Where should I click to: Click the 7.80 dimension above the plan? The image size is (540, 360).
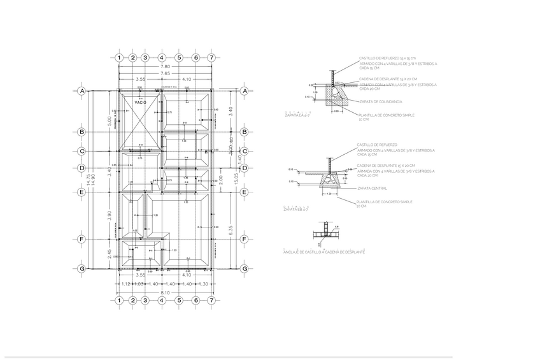[x=165, y=66]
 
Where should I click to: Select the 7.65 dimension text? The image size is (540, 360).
[x=165, y=73]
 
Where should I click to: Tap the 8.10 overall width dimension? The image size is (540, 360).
[x=166, y=292]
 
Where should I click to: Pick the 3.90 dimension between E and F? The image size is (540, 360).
[x=110, y=215]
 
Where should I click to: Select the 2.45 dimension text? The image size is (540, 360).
[x=110, y=254]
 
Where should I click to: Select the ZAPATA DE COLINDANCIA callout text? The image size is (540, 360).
[x=380, y=101]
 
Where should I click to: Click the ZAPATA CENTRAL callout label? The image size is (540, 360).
[x=372, y=188]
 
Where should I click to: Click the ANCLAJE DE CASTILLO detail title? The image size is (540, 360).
[x=325, y=252]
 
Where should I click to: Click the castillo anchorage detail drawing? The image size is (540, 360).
[x=327, y=234]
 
